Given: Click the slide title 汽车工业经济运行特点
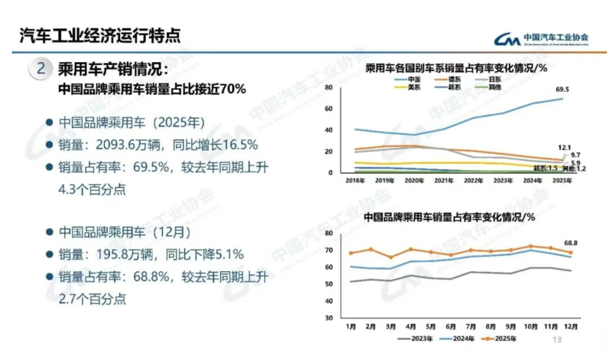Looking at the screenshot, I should pyautogui.click(x=100, y=36).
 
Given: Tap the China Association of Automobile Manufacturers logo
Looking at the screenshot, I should pyautogui.click(x=542, y=38).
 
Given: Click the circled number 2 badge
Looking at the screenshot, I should pyautogui.click(x=41, y=70).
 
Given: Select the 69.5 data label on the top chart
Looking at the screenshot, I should pyautogui.click(x=564, y=89).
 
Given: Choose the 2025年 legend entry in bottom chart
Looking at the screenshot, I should pyautogui.click(x=503, y=339).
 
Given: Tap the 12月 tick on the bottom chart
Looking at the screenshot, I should pyautogui.click(x=571, y=326).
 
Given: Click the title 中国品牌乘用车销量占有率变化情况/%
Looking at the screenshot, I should pyautogui.click(x=449, y=217).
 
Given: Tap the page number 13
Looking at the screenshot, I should pyautogui.click(x=556, y=340).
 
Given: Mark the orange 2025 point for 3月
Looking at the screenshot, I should pyautogui.click(x=390, y=257).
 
